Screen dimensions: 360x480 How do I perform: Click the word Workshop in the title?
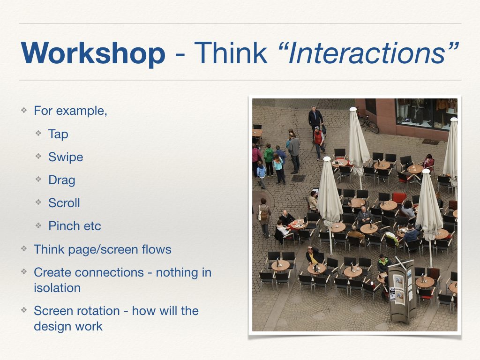tap(93, 53)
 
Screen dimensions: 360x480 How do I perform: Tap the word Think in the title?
tap(230, 53)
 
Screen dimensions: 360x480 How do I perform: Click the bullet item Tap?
tap(58, 134)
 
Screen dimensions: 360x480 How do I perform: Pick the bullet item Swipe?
tap(66, 157)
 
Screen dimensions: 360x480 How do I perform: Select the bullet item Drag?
tap(61, 180)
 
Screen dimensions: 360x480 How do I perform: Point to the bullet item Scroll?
tap(64, 203)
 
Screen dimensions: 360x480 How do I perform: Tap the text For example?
tap(70, 111)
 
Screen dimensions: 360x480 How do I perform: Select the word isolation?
tap(57, 288)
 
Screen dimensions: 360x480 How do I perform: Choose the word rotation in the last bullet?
tap(98, 311)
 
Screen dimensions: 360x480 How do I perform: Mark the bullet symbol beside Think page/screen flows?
tap(23, 249)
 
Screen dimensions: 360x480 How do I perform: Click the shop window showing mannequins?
tap(426, 112)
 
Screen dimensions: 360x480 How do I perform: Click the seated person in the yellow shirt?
tap(313, 257)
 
